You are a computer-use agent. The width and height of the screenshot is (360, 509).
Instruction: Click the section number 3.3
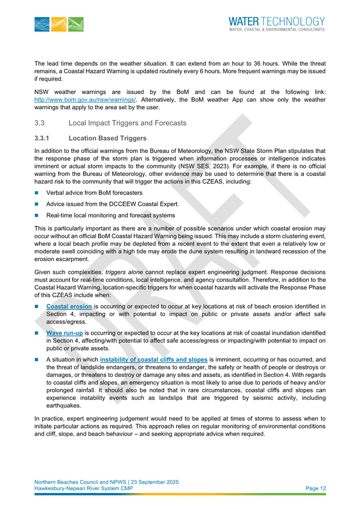click(39, 123)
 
